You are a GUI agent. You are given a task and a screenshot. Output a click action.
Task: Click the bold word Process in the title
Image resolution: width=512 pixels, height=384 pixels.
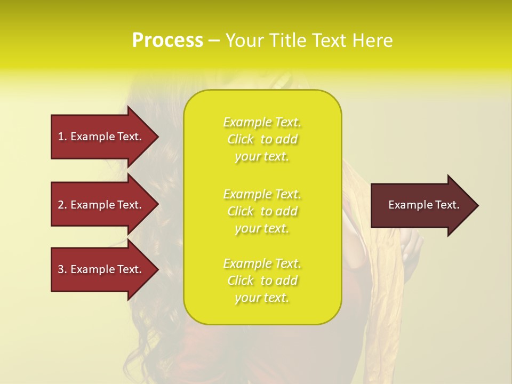pos(167,41)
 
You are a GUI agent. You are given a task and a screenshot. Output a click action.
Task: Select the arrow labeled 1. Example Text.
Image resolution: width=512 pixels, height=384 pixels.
pos(101,137)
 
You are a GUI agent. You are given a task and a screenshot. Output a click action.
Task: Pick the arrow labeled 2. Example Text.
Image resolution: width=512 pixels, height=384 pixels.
pos(101,205)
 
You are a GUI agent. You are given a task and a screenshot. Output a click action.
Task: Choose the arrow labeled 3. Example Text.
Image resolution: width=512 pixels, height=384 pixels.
pos(101,269)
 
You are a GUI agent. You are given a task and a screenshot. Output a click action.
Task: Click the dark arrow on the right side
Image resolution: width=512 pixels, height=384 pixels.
pos(421,205)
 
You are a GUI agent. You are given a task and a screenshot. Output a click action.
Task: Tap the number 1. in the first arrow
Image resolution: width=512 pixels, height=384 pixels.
pos(62,137)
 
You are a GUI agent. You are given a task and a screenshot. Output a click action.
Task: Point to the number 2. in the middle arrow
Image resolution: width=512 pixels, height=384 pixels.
pos(62,205)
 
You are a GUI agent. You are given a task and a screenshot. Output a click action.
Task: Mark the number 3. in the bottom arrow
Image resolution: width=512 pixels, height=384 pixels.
pos(62,269)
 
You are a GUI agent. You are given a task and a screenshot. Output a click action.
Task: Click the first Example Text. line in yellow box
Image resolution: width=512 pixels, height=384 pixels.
pos(262,122)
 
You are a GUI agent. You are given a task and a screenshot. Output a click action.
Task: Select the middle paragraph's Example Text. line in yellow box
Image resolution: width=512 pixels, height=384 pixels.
pos(262,194)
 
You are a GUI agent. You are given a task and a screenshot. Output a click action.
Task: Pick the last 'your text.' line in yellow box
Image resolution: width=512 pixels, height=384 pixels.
pos(262,298)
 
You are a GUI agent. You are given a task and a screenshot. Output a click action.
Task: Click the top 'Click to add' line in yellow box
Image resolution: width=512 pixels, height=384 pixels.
pos(262,139)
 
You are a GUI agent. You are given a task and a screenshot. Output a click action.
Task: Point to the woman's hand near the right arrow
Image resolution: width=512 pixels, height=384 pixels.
pos(411,249)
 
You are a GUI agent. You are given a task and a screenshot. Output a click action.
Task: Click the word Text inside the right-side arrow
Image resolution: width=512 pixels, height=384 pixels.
pos(446,205)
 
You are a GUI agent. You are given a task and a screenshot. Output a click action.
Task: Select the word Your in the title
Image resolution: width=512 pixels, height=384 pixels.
pos(243,41)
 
